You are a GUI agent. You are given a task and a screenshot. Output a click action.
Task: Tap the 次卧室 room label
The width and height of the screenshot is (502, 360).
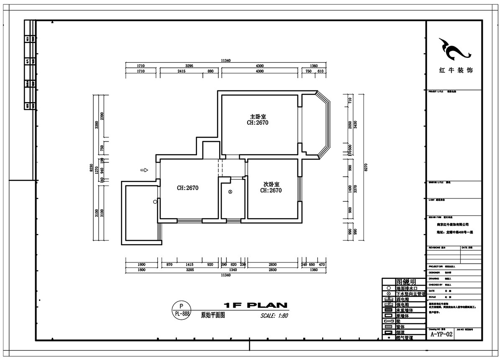pos(271,184)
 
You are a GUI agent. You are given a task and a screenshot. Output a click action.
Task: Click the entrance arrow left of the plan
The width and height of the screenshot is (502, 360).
pos(144,170)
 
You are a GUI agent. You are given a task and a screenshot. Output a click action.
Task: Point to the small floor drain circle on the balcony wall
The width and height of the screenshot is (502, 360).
pos(155,202)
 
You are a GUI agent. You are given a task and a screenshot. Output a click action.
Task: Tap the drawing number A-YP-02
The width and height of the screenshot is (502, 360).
pos(442,334)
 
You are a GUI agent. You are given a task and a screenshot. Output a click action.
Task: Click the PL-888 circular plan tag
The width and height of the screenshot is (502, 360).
pos(181,310)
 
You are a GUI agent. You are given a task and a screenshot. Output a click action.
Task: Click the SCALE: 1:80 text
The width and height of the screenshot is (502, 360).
pos(274,316)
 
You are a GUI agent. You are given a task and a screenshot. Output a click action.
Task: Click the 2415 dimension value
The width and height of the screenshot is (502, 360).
pos(181,72)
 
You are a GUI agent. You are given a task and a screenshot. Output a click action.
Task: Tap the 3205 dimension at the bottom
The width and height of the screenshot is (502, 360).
pos(190,270)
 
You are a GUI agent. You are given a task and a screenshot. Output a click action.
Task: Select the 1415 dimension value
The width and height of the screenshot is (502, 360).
pos(190,265)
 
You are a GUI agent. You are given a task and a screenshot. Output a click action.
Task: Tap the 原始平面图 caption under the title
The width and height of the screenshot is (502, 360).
pos(213,316)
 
